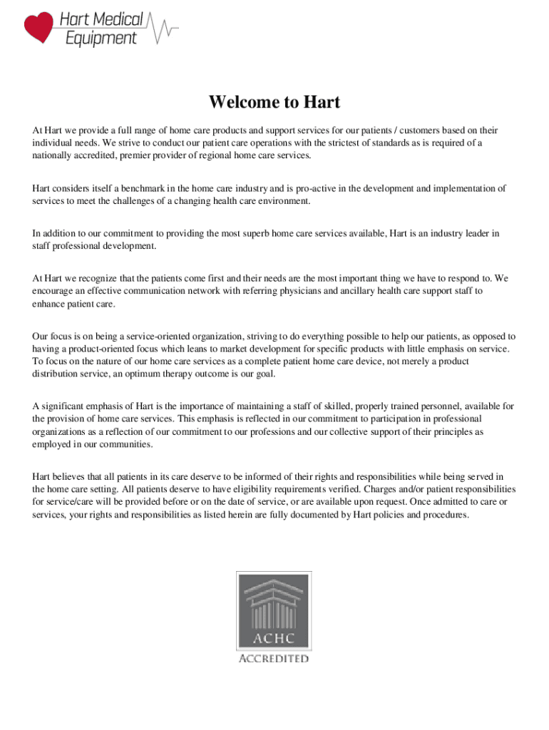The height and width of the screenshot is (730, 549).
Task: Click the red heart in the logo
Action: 39,27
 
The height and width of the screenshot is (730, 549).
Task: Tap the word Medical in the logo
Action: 117,19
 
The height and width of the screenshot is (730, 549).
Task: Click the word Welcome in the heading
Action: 242,103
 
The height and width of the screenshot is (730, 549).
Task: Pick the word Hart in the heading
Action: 321,103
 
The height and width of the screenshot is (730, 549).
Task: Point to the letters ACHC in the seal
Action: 274,636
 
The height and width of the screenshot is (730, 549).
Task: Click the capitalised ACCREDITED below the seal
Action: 274,659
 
